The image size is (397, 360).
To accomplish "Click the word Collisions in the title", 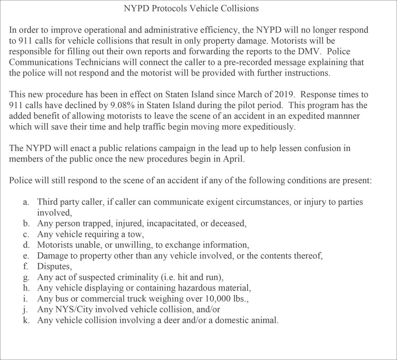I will [x=239, y=8].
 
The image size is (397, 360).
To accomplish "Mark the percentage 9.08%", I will [x=123, y=105].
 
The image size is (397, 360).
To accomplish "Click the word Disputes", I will [x=54, y=266].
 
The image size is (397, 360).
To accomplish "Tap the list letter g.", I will [x=26, y=278].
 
